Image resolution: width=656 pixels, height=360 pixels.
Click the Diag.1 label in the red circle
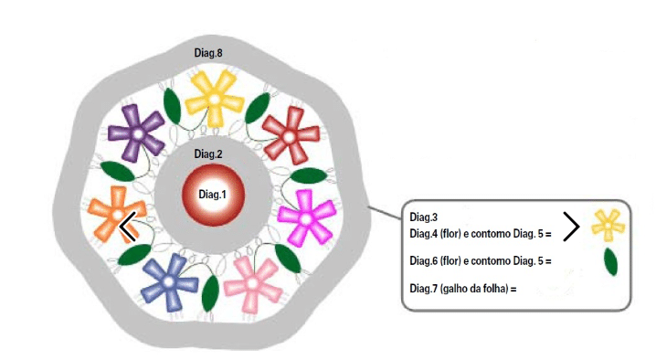point(212,195)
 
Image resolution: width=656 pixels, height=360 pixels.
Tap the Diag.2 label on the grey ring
point(208,154)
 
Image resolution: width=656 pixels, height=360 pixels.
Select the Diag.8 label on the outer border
point(208,53)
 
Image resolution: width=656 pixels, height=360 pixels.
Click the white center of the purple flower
point(138,134)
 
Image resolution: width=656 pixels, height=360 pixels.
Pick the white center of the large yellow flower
point(214,100)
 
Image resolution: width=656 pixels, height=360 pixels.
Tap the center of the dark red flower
point(289,137)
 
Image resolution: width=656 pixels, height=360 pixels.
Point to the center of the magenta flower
point(306,219)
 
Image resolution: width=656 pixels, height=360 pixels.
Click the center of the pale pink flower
point(252,284)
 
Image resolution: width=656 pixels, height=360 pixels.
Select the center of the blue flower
point(168,282)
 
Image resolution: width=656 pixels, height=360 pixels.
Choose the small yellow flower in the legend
point(608,225)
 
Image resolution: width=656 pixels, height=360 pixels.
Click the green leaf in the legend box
point(611,261)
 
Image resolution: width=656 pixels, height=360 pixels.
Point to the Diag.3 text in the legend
point(423,217)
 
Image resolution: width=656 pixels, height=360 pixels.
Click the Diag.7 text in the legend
point(423,289)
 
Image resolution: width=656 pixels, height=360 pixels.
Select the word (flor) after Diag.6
point(450,261)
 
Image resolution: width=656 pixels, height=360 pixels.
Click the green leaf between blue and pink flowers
point(210,293)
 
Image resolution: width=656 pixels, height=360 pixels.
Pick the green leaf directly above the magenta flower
point(309,175)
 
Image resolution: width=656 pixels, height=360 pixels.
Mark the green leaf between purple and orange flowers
point(118,171)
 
